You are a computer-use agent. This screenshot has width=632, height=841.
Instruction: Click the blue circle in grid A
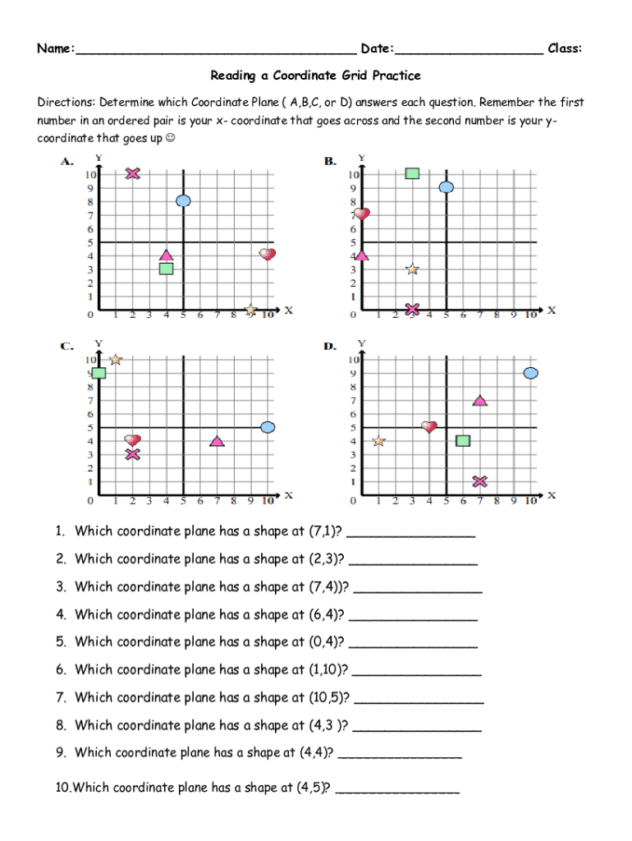184,200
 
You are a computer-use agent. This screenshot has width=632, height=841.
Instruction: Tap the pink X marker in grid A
133,173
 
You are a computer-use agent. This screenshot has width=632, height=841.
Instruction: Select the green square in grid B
412,172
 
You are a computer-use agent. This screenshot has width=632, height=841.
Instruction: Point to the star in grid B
412,269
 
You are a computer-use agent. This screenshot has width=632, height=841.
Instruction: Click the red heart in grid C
132,440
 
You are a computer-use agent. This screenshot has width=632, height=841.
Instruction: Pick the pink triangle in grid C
217,441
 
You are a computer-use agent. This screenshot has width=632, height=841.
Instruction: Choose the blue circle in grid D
530,373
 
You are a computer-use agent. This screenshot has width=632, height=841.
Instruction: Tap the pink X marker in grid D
480,481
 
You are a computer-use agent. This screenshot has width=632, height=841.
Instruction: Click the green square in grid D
463,441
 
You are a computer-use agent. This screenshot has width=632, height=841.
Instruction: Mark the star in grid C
116,360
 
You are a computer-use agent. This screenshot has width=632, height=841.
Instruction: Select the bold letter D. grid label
330,346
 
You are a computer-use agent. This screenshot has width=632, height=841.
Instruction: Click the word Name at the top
54,48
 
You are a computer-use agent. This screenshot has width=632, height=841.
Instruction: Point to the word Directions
66,103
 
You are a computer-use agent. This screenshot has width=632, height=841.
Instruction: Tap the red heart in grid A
268,254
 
